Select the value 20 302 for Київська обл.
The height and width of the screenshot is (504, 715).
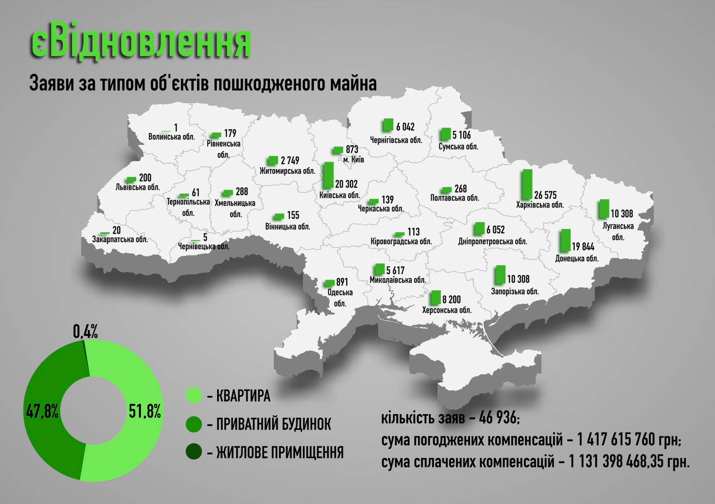(x=346, y=184)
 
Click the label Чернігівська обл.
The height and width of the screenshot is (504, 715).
(x=396, y=140)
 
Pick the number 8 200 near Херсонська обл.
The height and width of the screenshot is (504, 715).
(x=451, y=299)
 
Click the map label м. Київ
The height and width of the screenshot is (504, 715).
(x=353, y=160)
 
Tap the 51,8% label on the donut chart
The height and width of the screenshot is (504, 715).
(x=145, y=411)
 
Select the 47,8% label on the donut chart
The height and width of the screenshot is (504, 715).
(x=42, y=411)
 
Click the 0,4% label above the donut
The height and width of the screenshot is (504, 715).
(x=85, y=332)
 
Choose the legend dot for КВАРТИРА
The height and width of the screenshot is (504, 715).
(x=194, y=395)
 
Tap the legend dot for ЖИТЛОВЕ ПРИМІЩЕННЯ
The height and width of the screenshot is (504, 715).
(x=194, y=452)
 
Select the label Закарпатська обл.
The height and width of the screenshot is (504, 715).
(x=120, y=239)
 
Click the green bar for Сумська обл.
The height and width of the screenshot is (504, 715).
(x=445, y=134)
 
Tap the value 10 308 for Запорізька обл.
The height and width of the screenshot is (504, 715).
(x=518, y=279)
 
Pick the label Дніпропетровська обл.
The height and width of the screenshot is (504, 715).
(x=492, y=242)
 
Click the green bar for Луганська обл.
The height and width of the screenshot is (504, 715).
(x=604, y=208)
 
